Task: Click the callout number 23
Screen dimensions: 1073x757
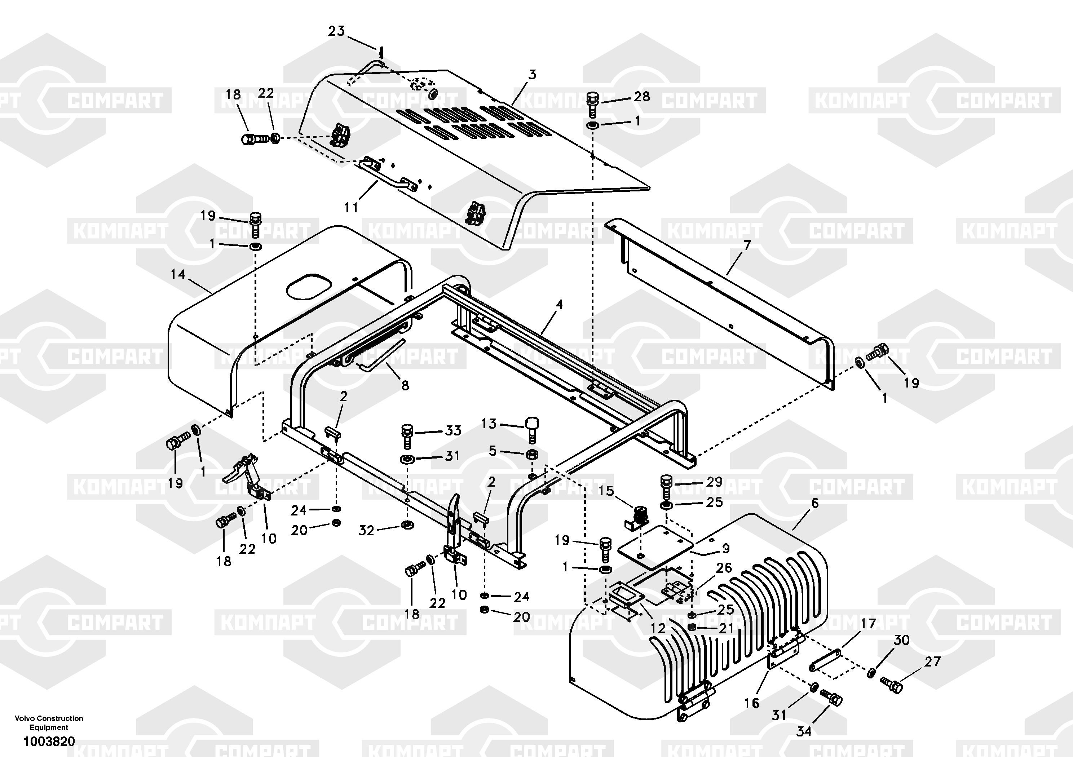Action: (336, 31)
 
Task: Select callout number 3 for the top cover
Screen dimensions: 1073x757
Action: (532, 75)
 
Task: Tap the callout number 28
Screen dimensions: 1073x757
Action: (642, 97)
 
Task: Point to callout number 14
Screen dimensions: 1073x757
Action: (178, 274)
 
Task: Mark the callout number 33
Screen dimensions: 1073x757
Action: (453, 430)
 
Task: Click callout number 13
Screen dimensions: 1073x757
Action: (489, 424)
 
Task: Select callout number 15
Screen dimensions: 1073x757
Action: (606, 491)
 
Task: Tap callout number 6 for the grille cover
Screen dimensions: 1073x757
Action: (815, 503)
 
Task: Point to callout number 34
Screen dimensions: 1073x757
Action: (804, 731)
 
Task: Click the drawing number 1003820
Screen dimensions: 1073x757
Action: (49, 741)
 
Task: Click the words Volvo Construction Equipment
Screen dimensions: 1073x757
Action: (49, 723)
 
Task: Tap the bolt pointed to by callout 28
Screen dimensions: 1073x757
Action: (593, 105)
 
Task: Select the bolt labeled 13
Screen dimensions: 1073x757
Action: (532, 430)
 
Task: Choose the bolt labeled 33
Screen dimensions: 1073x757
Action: (407, 437)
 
